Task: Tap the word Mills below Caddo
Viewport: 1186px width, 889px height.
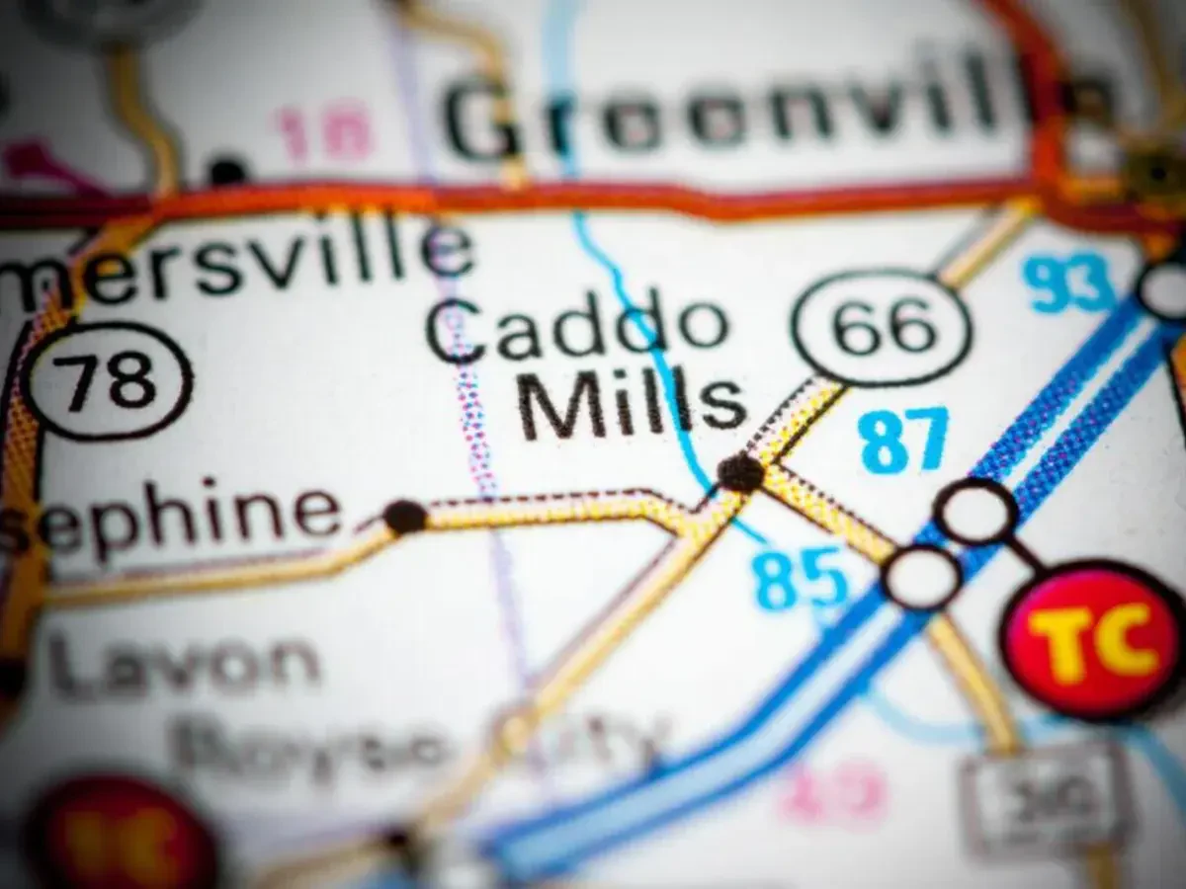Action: (x=633, y=403)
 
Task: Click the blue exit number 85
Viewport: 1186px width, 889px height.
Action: (x=802, y=578)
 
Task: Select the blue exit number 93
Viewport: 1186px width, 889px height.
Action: (x=1068, y=283)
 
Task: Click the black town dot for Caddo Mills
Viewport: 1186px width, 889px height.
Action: (x=740, y=473)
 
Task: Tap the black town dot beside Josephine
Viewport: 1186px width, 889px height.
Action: (x=404, y=516)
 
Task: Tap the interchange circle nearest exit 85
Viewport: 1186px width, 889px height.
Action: (x=921, y=577)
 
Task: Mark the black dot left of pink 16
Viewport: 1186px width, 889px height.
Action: (x=227, y=170)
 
